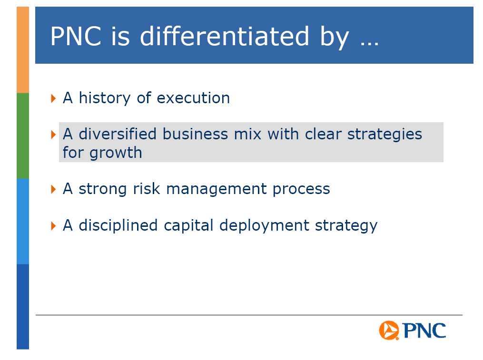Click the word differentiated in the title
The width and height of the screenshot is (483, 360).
[x=224, y=36]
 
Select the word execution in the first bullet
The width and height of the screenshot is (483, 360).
[x=193, y=98]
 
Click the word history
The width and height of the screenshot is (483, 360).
[x=104, y=98]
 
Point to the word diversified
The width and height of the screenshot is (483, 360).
[x=118, y=134]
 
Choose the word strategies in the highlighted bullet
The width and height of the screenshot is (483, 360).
[x=385, y=135]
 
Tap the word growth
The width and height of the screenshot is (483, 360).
[x=116, y=153]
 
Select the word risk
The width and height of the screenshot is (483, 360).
[x=146, y=188]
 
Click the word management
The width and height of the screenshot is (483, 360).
[x=216, y=189]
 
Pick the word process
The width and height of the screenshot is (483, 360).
[x=301, y=189]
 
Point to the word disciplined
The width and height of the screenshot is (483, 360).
[x=118, y=225]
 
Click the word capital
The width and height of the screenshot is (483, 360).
[x=188, y=225]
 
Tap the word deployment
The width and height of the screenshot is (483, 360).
[x=264, y=225]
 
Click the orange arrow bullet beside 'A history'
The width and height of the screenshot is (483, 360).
[x=53, y=98]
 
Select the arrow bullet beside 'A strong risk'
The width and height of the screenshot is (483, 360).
[x=53, y=189]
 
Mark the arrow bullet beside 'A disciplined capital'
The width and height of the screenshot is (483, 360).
[x=53, y=226]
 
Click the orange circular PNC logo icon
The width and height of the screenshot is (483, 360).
[x=389, y=330]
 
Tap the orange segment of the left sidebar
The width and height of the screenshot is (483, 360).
[x=23, y=50]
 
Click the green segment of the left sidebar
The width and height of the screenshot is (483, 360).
[x=23, y=136]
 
